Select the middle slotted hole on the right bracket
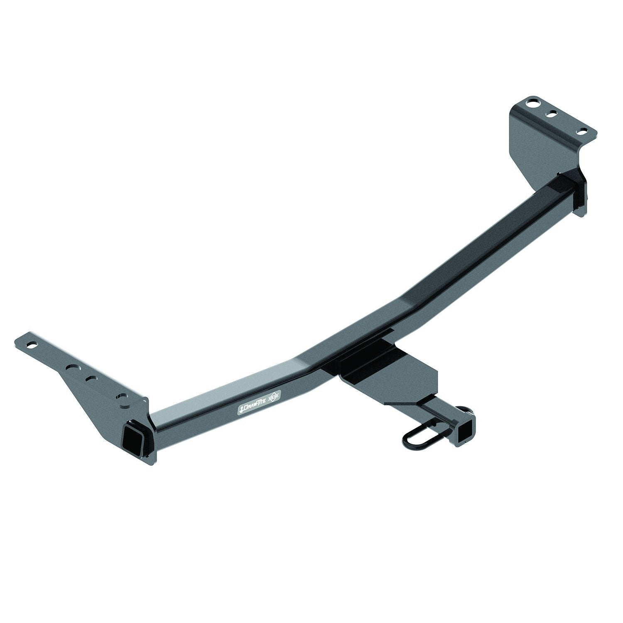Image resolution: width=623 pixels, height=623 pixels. click(x=553, y=113)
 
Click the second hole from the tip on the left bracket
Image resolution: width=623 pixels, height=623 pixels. click(x=74, y=368)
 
